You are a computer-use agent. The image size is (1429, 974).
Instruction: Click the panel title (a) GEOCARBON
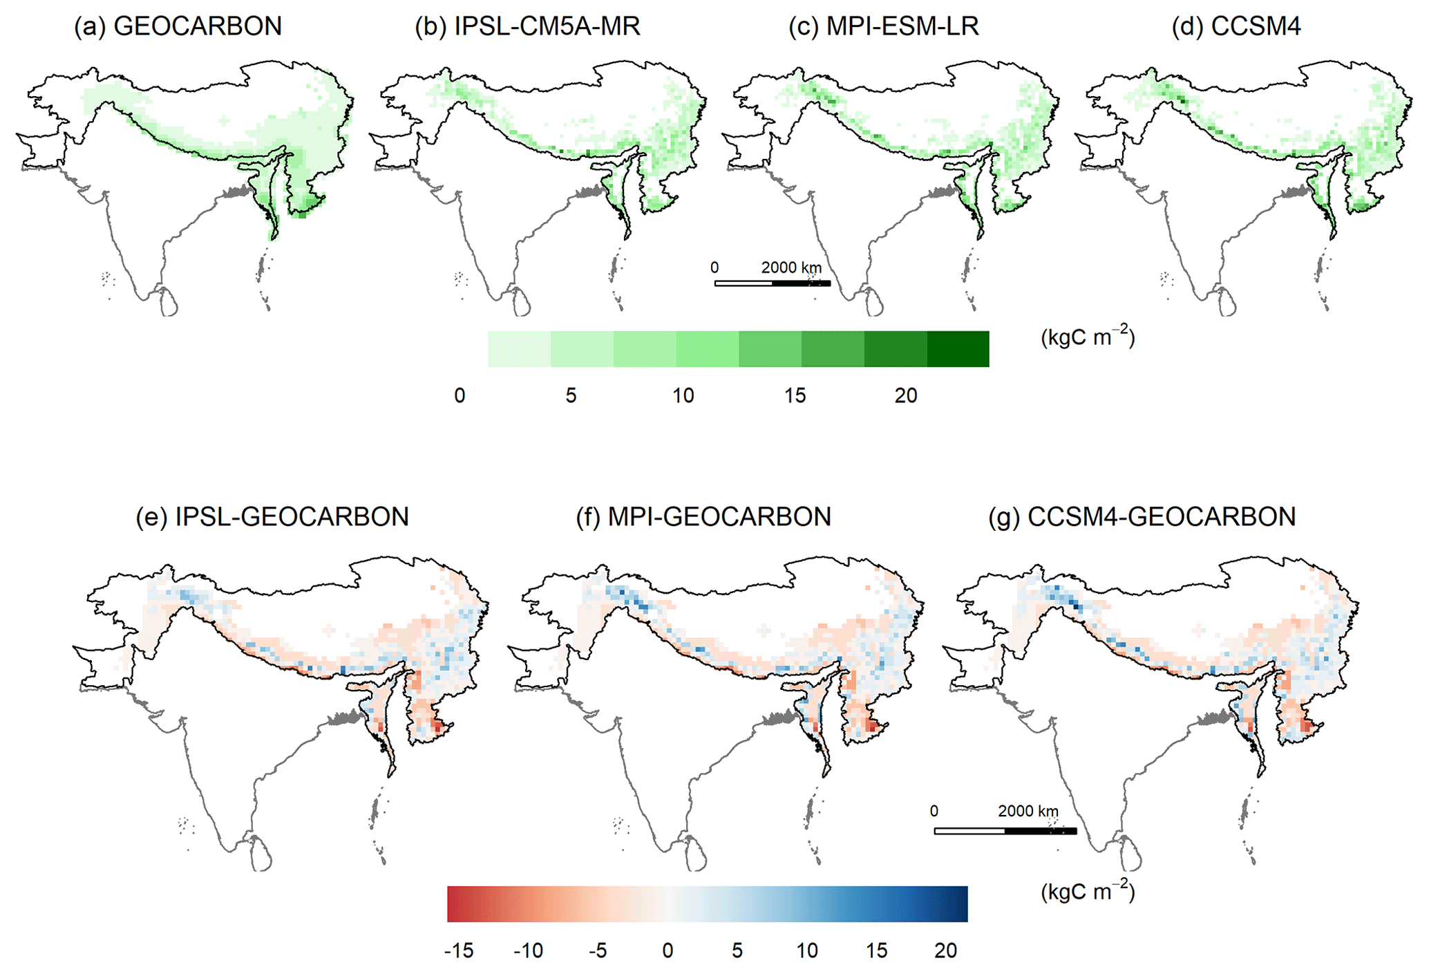click(178, 26)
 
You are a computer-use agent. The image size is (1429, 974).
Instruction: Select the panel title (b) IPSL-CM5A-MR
click(527, 26)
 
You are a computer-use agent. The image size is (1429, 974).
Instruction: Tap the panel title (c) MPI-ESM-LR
click(883, 26)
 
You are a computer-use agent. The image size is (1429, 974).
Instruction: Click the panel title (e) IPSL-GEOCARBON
click(272, 517)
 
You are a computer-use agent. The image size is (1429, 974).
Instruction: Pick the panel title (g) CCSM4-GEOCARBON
click(1142, 517)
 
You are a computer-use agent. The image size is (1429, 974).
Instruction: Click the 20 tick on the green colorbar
click(906, 395)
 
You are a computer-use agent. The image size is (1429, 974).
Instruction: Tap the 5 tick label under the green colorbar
click(571, 395)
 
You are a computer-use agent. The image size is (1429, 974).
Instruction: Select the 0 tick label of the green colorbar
click(460, 395)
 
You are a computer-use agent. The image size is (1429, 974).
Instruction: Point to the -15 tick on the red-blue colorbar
click(459, 950)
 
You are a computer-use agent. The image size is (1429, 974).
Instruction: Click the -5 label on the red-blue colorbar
click(598, 950)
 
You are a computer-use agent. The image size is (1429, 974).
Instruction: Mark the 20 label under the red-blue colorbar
click(946, 950)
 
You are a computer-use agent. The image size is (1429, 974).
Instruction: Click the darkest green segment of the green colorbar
click(958, 349)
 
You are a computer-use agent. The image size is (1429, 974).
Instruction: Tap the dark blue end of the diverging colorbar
click(957, 904)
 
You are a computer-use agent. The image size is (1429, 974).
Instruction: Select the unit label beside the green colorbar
click(1088, 337)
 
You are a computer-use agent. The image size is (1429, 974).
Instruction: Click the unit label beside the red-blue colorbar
click(1088, 892)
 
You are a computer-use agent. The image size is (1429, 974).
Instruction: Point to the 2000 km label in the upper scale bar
click(791, 268)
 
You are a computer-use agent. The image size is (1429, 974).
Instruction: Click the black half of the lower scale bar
click(1040, 831)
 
